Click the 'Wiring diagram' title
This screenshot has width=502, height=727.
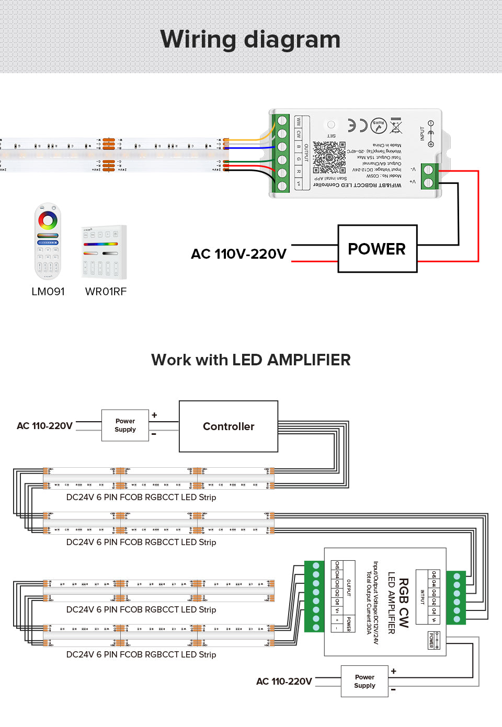(250, 40)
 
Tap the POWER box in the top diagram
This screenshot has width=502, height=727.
(377, 249)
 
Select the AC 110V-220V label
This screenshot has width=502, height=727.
(238, 254)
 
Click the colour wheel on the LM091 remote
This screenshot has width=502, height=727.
(48, 220)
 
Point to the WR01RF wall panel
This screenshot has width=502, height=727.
(104, 252)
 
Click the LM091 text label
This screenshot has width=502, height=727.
(48, 292)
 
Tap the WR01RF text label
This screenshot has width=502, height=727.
(106, 292)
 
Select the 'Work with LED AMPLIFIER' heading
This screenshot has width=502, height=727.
(250, 360)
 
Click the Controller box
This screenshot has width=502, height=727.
(229, 426)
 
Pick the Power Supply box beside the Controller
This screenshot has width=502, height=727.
(125, 425)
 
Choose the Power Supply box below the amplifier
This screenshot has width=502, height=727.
(364, 681)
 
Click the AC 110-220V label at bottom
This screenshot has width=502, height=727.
(284, 682)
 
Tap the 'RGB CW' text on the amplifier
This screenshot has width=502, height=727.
(404, 603)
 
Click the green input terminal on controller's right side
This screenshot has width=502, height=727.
(430, 176)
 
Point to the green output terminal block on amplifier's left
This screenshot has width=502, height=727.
(315, 596)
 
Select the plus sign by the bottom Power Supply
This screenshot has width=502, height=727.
(393, 671)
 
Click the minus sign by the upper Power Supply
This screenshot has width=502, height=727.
(154, 434)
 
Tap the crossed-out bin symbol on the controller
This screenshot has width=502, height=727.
(396, 125)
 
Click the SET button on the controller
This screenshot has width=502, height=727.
(331, 125)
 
